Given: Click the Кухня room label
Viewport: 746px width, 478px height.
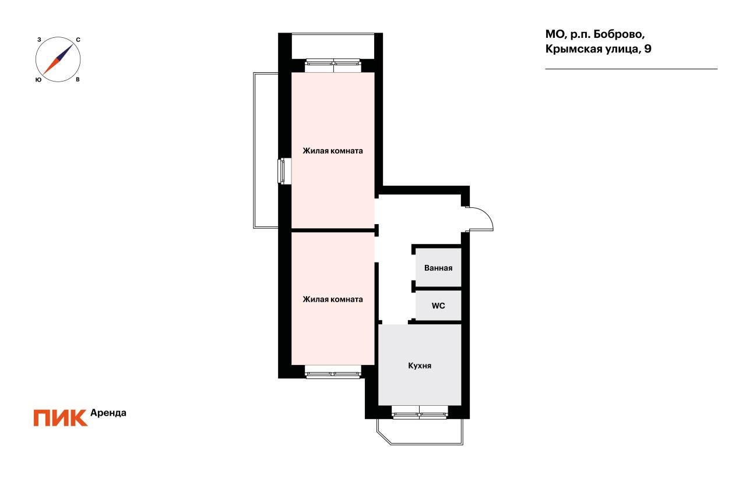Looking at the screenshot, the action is click(x=420, y=366).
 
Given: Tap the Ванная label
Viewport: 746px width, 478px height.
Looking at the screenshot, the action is click(x=438, y=268).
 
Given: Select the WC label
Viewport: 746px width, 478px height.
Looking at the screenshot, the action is click(x=438, y=306).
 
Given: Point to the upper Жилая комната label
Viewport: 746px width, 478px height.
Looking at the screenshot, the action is click(x=333, y=151).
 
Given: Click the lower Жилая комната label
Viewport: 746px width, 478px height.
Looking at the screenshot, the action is click(x=333, y=299).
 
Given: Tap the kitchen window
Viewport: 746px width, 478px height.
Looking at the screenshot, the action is click(x=420, y=412).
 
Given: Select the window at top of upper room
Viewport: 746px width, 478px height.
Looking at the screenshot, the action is click(x=333, y=66).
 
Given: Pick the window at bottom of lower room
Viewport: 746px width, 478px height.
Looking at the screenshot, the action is click(x=333, y=372).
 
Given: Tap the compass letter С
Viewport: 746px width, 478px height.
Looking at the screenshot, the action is click(x=78, y=40).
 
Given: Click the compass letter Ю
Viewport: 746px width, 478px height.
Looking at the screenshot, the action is click(x=38, y=80).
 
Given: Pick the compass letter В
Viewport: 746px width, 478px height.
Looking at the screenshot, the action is click(x=78, y=80).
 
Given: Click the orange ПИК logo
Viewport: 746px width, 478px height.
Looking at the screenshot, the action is click(x=61, y=418).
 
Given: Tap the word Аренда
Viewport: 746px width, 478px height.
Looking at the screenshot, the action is click(x=108, y=413).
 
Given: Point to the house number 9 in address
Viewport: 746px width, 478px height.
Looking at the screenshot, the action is click(x=648, y=49).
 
